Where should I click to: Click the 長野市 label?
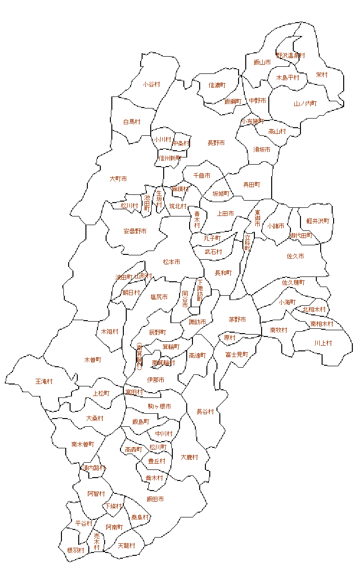point(216,143)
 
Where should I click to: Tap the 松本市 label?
point(171,262)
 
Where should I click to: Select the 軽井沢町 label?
point(318,221)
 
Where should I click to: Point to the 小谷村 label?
point(151,84)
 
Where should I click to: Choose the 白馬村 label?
point(132,122)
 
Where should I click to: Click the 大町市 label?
point(118,179)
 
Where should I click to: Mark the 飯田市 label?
point(155,499)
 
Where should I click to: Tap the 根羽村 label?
point(76,550)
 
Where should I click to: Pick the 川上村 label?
point(323,343)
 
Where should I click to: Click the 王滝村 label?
point(44,381)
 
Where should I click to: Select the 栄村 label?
point(322,75)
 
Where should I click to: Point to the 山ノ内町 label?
point(305,103)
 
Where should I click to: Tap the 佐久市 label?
point(295,256)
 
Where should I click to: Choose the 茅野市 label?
point(237,319)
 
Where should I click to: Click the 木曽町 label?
point(93,359)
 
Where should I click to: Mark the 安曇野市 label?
point(135,231)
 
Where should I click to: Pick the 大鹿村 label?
point(190,457)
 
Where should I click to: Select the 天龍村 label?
point(126,546)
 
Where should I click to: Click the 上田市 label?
point(226,213)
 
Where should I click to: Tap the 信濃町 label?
point(217,85)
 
